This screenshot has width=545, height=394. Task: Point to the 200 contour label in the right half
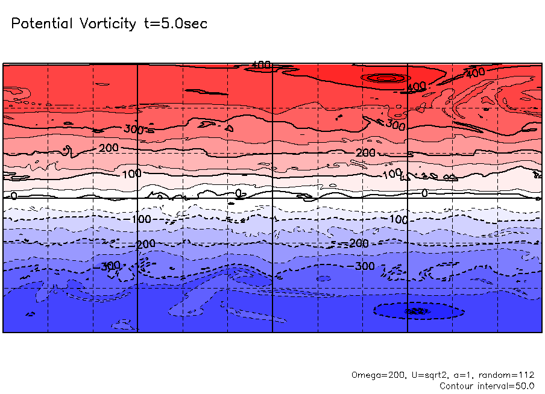(365, 153)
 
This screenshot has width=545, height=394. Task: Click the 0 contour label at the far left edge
(14, 196)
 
